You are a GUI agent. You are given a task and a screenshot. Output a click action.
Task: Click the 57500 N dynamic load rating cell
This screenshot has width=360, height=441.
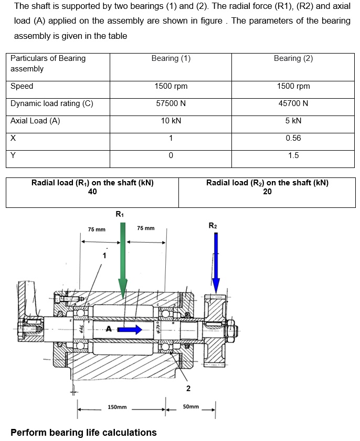[171, 103]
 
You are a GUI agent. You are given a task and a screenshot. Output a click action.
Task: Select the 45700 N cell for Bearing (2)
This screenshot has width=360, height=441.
[293, 103]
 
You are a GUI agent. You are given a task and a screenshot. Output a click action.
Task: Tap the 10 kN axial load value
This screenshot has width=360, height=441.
[171, 121]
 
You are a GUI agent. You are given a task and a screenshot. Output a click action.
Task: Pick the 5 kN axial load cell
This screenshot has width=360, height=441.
[293, 121]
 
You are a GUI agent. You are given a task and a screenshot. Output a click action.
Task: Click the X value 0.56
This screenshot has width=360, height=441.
[293, 138]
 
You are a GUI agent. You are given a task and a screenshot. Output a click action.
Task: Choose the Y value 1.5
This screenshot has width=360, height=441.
[293, 155]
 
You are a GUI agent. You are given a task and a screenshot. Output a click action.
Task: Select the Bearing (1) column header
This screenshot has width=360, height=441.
[171, 58]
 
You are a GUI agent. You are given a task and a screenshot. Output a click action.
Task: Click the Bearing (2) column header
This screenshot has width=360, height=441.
[293, 58]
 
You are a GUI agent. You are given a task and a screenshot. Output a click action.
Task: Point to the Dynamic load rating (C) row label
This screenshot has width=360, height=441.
[52, 103]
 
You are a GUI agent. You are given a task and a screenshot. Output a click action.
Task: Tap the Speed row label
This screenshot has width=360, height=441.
[22, 86]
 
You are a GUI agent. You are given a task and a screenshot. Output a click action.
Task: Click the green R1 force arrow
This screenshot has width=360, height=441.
[122, 257]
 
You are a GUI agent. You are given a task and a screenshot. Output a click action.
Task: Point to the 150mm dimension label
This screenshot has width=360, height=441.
[117, 407]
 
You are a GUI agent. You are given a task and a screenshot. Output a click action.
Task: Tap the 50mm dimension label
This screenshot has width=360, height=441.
[191, 407]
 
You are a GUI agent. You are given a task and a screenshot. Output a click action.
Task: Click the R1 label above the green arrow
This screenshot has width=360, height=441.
[120, 214]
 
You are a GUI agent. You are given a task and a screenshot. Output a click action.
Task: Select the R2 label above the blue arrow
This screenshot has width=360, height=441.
[212, 226]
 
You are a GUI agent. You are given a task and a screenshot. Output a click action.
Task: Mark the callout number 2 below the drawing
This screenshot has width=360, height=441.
[188, 388]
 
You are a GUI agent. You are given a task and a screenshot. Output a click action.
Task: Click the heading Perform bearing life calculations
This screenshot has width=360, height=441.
[83, 433]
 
